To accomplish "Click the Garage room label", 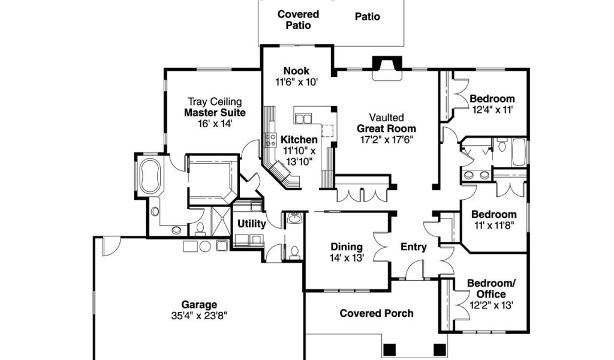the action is coord(199,304).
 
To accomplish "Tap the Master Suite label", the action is coord(215,113).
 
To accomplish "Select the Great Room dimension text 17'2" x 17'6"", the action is coord(387,140).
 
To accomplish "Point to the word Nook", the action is coord(296,71).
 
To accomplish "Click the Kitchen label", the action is coord(299,139).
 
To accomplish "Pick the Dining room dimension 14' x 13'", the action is coord(347,258).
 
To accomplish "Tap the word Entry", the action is coord(414,247).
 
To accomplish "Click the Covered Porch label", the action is coord(377,313).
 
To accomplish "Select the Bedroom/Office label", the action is coord(492,289).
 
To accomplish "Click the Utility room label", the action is coord(252,224).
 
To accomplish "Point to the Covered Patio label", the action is coord(299,20).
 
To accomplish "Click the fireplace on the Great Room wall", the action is coord(387,68).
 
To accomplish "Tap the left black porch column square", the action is coord(389,349).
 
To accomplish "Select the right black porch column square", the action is coord(440,349).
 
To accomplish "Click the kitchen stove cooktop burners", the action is coord(270,140).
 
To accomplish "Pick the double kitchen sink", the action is coord(303,118).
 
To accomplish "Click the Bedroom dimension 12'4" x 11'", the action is coord(492,110).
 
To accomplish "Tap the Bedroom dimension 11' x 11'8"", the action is coord(494,225).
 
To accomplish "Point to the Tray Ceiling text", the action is coord(215,102).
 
